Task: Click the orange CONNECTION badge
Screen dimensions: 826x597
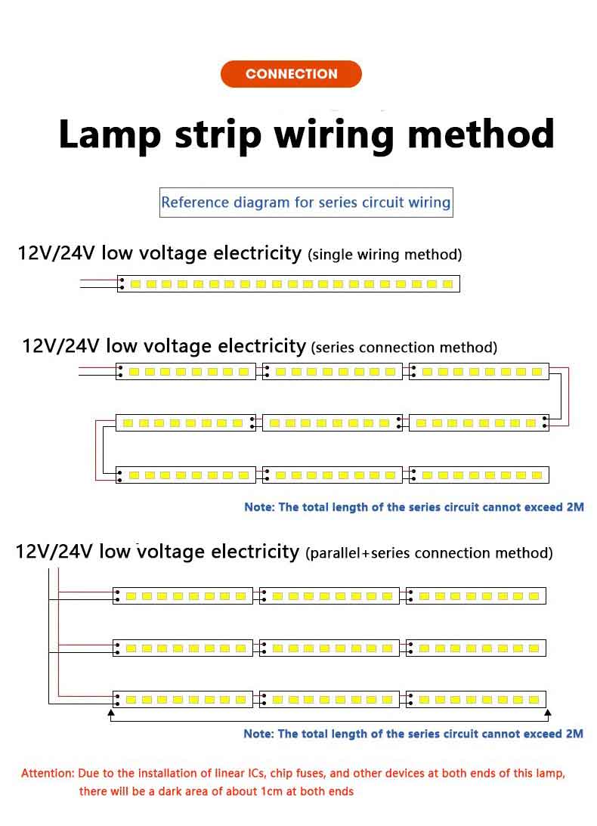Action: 291,74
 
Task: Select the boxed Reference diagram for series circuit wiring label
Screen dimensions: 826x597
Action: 306,203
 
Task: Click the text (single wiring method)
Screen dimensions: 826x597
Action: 385,255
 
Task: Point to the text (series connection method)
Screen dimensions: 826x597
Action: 404,348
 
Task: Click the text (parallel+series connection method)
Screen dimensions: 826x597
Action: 428,553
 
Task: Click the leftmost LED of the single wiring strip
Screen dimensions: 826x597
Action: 135,284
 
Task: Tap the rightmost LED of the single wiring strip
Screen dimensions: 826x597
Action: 447,284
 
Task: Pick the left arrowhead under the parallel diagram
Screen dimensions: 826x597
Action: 111,713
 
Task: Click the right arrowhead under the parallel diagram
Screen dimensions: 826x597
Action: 547,713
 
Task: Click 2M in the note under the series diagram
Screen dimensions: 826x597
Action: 574,507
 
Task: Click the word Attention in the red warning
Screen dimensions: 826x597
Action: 47,774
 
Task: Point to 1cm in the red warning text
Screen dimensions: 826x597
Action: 283,792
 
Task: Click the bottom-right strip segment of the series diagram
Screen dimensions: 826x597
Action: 478,475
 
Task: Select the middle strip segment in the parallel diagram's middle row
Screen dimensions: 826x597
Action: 329,648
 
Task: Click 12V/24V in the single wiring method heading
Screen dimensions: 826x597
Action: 56,253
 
